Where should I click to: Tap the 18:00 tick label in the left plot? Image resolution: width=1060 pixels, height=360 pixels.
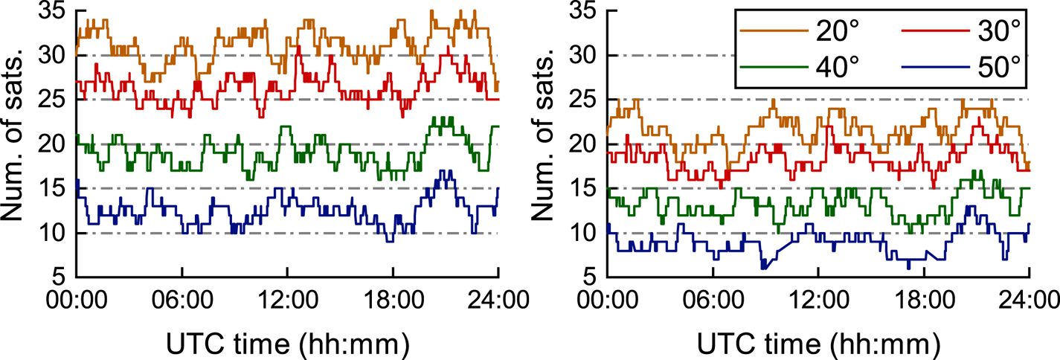pyautogui.click(x=393, y=303)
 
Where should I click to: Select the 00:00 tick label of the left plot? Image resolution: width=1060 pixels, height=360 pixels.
pyautogui.click(x=78, y=303)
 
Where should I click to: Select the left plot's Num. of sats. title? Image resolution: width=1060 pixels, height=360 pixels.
pyautogui.click(x=16, y=144)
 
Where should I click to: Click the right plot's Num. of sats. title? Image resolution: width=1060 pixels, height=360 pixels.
pyautogui.click(x=547, y=144)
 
